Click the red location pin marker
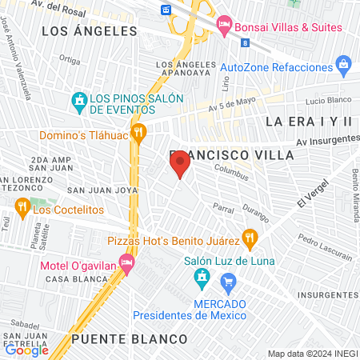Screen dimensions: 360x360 pyautogui.click(x=181, y=164)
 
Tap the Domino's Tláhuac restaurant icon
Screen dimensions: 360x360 pyautogui.click(x=138, y=132)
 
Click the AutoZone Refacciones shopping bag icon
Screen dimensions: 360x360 pyautogui.click(x=344, y=62)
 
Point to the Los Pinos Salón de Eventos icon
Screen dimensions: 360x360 pyautogui.click(x=78, y=101)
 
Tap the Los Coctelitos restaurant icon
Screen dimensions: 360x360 pyautogui.click(x=22, y=209)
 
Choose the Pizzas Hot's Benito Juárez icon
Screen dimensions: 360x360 pyautogui.click(x=250, y=237)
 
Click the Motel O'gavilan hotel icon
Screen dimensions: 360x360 pyautogui.click(x=126, y=262)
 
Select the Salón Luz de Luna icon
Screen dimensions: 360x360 pyautogui.click(x=202, y=277)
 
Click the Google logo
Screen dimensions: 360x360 pyautogui.click(x=26, y=349)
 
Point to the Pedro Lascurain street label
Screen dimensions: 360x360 pyautogui.click(x=325, y=248)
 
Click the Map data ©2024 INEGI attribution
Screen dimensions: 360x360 pyautogui.click(x=311, y=354)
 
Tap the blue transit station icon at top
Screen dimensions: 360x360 pyautogui.click(x=166, y=10)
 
